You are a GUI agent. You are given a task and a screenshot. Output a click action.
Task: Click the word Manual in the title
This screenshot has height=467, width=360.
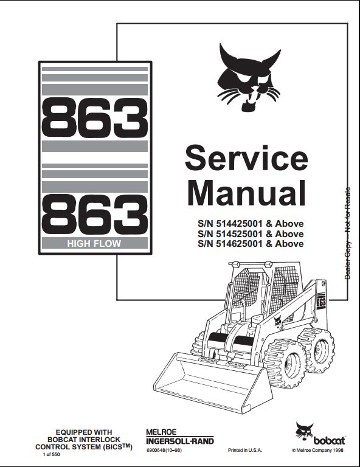coord(246,193)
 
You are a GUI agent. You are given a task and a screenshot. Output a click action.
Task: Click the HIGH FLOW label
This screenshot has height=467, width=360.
coord(94,244)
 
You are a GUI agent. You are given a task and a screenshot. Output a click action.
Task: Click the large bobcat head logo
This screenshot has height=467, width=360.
coord(249,77)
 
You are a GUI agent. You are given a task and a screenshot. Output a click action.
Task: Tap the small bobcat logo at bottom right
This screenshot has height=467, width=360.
coord(320,434)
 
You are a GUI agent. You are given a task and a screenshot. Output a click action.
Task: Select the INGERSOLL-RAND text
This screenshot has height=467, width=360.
coord(180,441)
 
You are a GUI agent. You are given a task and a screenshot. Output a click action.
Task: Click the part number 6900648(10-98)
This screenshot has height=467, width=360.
coord(164,450)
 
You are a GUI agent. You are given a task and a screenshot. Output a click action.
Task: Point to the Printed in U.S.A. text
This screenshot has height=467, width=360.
coord(245,450)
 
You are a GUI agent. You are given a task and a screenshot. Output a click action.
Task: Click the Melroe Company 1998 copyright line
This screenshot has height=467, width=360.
coord(317,450)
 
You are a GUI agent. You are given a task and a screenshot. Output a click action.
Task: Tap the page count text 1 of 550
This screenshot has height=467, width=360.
coord(52,454)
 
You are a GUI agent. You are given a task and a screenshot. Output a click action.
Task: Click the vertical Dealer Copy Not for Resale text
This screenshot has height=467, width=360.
coord(347,233)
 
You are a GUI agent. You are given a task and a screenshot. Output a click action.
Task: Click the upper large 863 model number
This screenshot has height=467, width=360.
coord(95,118)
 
